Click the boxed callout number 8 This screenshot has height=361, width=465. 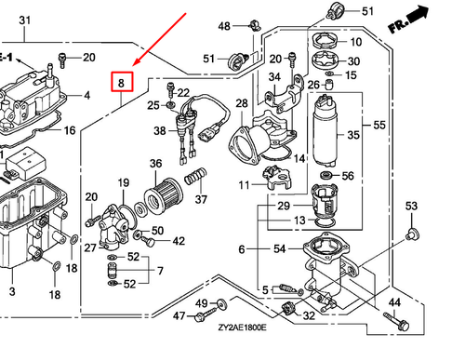pos(121,84)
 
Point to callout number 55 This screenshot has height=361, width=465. pos(379,125)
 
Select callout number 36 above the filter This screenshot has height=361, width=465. pos(156,164)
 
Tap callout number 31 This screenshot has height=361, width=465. pos(25,20)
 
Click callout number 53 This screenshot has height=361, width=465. pos(413,206)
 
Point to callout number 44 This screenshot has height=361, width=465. pos(394,303)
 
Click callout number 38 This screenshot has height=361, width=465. pos(160,131)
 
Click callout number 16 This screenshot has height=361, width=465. pos(69,130)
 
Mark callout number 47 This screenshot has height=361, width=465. pos(179,317)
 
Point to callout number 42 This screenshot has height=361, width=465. pos(179,241)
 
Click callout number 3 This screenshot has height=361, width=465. pos(12,292)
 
